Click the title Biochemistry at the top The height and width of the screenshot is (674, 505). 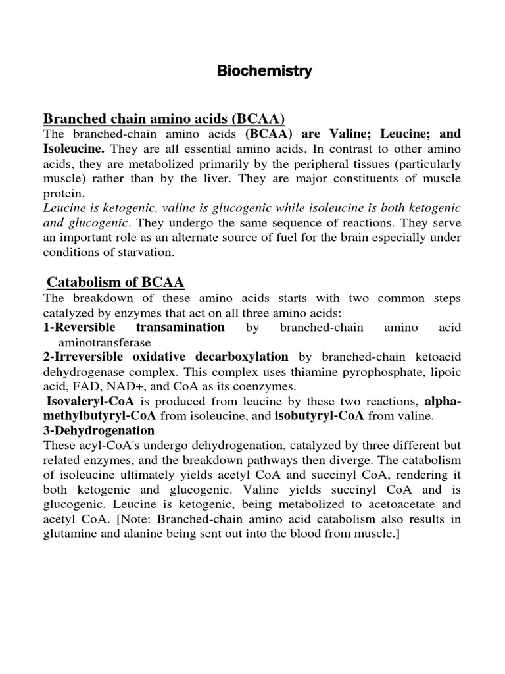coord(265,71)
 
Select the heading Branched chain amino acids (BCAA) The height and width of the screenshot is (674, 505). coord(164,118)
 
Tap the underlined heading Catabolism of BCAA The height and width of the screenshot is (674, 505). coord(116,282)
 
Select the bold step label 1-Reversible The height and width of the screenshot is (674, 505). coord(80,327)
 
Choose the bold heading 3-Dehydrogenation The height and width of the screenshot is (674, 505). coord(99,430)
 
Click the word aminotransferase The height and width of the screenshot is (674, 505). coord(105,342)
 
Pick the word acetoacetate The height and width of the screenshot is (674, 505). coord(387,504)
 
